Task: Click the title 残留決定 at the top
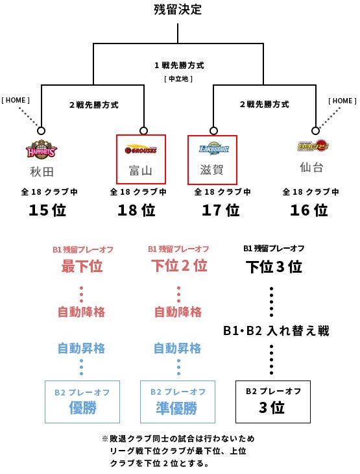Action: (178, 9)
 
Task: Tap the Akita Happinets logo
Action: (42, 149)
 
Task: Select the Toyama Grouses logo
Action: (141, 149)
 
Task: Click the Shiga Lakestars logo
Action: (214, 148)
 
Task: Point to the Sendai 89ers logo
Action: (313, 145)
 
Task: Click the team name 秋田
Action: (42, 171)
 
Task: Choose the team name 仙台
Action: (312, 167)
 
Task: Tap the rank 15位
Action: (47, 210)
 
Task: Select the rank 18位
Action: (136, 210)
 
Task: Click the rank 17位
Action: (221, 210)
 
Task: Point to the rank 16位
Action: (309, 210)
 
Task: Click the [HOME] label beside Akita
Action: (16, 100)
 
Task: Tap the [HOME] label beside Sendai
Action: (342, 101)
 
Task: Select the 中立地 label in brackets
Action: (178, 79)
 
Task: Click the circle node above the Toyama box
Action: (144, 131)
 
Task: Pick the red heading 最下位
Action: (82, 266)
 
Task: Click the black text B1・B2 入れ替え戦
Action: (276, 331)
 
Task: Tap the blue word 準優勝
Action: (176, 408)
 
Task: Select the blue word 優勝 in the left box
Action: (82, 408)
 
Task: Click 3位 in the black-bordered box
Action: (272, 408)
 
